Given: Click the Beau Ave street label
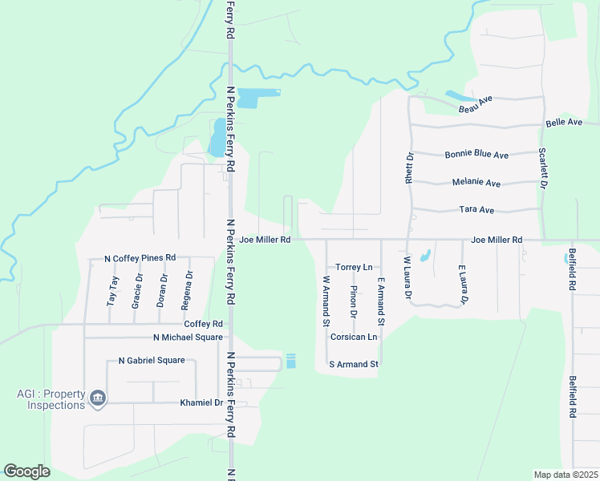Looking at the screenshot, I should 475,103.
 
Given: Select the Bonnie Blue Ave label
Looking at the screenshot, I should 476,154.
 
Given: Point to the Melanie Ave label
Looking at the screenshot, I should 476,183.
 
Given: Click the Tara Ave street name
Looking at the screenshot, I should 476,209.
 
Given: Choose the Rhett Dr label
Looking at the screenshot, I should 409,169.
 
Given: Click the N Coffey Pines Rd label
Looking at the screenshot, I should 140,258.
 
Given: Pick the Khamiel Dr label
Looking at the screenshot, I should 201,402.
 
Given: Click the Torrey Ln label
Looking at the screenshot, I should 354,267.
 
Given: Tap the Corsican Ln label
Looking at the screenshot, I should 354,338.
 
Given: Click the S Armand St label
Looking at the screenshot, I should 354,364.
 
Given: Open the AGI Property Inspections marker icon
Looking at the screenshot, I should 98,398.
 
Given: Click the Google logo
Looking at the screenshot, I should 26,471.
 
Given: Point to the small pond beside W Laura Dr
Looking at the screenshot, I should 424,256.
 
